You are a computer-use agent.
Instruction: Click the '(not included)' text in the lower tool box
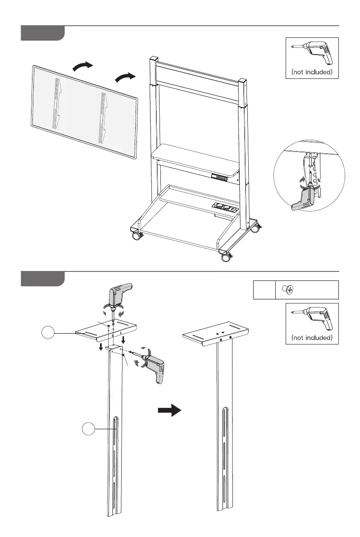(x=312, y=337)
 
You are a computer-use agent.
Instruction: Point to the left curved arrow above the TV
(x=83, y=67)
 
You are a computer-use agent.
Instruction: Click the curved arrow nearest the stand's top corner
(x=125, y=77)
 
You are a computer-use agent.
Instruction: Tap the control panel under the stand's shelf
(x=219, y=177)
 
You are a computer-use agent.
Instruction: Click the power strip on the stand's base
(x=224, y=208)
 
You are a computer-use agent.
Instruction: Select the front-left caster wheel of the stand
(x=136, y=236)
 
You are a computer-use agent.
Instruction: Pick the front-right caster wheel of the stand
(x=224, y=257)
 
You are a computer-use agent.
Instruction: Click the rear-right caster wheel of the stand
(x=255, y=228)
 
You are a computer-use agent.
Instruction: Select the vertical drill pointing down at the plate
(x=118, y=300)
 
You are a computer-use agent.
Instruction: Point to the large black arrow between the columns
(x=169, y=410)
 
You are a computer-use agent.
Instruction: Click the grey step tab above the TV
(x=43, y=33)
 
